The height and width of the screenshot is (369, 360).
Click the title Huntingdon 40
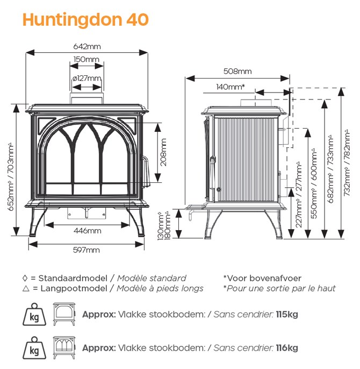(85, 20)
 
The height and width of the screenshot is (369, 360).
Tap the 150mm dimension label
(87, 59)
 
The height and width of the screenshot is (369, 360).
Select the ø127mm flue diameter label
(87, 79)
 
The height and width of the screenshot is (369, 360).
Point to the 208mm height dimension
(164, 153)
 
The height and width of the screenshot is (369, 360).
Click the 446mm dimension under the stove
(87, 231)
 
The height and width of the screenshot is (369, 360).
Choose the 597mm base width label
(87, 250)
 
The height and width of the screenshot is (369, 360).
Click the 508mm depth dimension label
(237, 71)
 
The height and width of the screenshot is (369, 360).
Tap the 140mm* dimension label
(231, 87)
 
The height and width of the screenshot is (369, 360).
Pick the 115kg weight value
(287, 314)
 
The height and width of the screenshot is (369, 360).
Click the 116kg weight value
(287, 348)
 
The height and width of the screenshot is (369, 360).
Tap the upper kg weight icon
(34, 314)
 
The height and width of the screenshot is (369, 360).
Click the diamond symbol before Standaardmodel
(25, 278)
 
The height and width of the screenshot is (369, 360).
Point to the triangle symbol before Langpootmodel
(25, 288)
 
